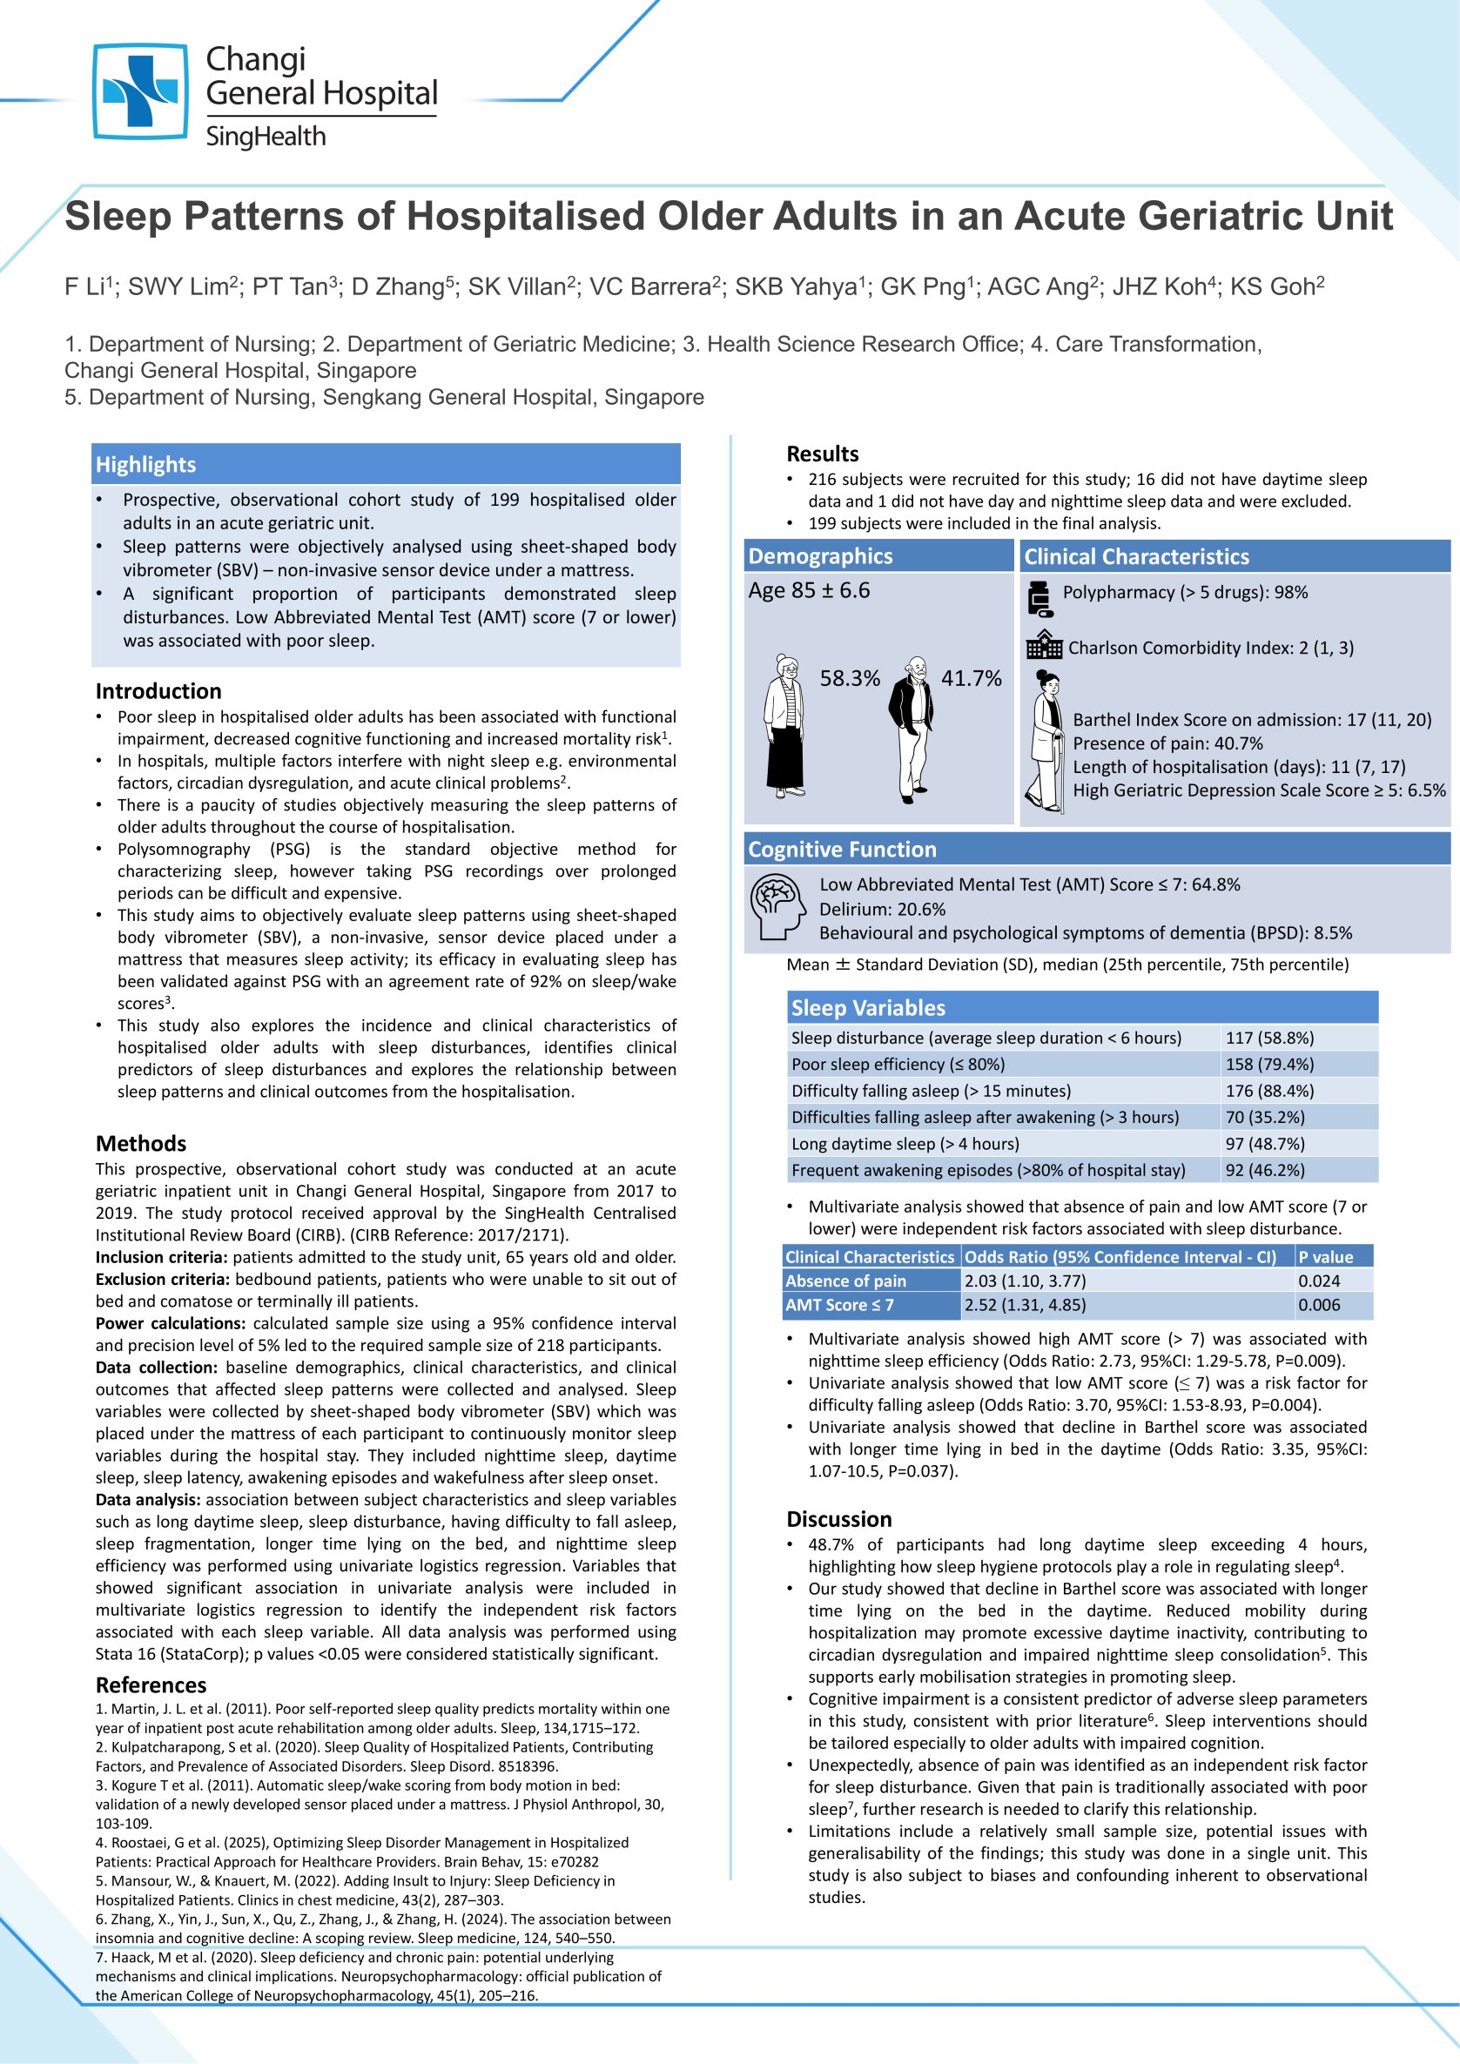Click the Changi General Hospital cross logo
coord(140,91)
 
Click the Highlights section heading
coord(145,465)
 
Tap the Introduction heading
coord(158,691)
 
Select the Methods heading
coord(141,1144)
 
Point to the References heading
coord(151,1684)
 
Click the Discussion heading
coord(838,1519)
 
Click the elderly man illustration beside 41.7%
coord(912,727)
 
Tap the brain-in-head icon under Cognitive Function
coord(778,909)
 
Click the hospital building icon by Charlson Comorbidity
coord(1044,645)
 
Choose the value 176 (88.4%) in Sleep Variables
coord(1268,1091)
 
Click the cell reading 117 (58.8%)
coord(1268,1039)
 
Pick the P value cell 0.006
coord(1318,1304)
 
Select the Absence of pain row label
coord(845,1281)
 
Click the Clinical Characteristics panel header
coord(1136,556)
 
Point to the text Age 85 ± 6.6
coord(809,590)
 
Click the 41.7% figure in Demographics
coord(971,679)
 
